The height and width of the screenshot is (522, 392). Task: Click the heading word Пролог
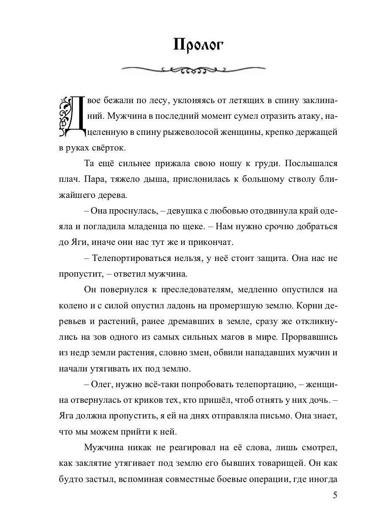pos(198,44)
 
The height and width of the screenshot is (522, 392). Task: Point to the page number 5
pos(335,495)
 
